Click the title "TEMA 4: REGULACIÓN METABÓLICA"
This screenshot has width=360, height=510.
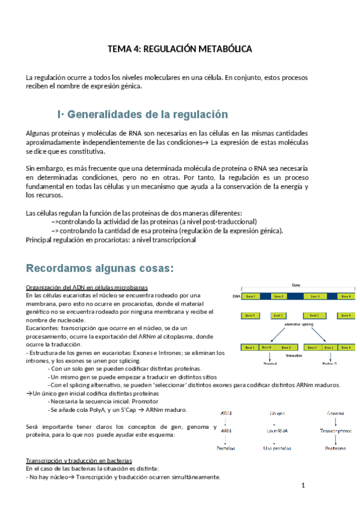click(x=180, y=49)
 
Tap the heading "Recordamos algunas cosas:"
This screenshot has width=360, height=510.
click(x=99, y=267)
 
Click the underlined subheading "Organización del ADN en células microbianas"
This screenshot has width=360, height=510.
click(x=87, y=286)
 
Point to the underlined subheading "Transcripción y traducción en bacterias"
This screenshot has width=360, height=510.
click(x=80, y=460)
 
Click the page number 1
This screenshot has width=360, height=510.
click(x=304, y=484)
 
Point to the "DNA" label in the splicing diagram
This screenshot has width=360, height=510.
click(x=236, y=296)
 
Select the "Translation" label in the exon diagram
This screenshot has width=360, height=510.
click(x=293, y=355)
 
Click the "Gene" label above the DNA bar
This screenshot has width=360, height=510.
click(x=296, y=284)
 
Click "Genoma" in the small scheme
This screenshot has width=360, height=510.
click(x=335, y=414)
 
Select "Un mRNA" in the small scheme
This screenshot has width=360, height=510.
click(x=278, y=431)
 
